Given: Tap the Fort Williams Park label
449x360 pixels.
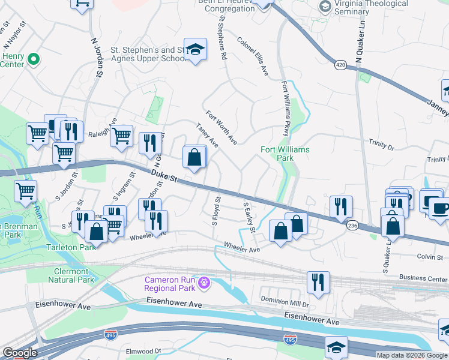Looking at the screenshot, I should click(x=285, y=154).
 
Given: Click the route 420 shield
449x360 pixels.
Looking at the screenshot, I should click(x=340, y=64).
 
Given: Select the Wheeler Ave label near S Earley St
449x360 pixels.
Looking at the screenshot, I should click(x=242, y=245).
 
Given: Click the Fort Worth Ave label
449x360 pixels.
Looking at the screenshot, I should click(x=221, y=127).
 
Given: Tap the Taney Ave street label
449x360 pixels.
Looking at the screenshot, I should click(x=207, y=135).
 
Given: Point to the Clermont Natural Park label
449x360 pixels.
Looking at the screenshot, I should click(x=71, y=275).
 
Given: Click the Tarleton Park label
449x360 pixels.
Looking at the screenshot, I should click(x=71, y=247).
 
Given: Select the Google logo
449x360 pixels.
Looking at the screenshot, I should click(x=20, y=353).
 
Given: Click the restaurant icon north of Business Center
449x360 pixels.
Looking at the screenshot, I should click(x=318, y=282).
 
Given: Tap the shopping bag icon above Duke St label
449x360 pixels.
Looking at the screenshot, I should click(x=194, y=158).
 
